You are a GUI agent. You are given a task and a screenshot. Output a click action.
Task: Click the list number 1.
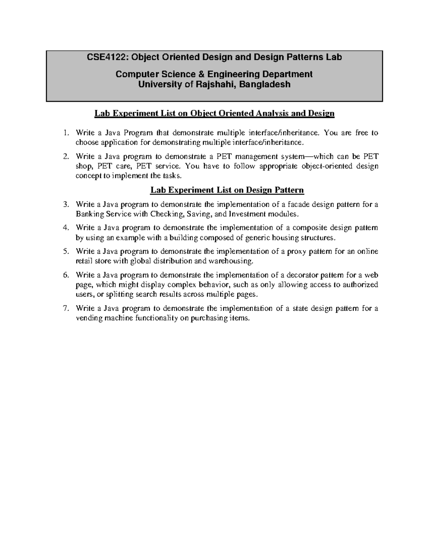(x=65, y=133)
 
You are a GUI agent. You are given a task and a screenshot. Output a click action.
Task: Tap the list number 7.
(x=65, y=309)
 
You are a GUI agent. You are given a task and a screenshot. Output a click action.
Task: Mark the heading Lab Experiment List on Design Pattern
(x=227, y=190)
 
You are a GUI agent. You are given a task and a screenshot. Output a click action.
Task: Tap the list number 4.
(x=65, y=228)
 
